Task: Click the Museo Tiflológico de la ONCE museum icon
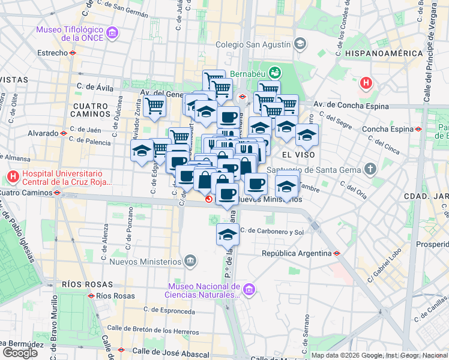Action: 112,33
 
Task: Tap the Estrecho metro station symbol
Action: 73,53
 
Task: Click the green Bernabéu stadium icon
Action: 275,71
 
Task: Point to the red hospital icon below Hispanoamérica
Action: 366,83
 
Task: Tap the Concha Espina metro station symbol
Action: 418,129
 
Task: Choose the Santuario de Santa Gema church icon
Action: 370,169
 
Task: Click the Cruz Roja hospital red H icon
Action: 13,177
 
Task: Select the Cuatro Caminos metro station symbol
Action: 57,193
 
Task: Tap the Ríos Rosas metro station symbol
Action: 91,296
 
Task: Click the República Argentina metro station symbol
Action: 337,253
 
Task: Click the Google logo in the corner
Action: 20,353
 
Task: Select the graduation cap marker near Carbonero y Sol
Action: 228,235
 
